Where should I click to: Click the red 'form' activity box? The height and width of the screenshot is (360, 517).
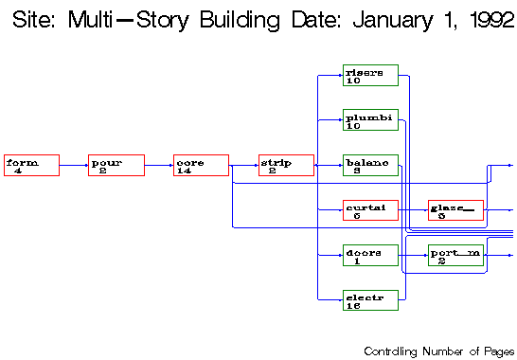pos(31,165)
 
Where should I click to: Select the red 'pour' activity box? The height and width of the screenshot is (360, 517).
pos(116,165)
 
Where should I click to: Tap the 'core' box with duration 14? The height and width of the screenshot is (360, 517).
pos(202,165)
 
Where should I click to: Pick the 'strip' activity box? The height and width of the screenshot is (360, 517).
pos(286,165)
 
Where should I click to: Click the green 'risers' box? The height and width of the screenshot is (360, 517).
pos(370,75)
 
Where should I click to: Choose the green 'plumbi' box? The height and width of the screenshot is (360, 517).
pos(370,120)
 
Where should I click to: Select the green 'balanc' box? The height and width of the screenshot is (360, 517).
pos(370,165)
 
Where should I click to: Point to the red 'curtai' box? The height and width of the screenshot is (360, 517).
pos(370,209)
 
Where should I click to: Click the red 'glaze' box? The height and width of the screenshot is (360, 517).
pos(455,209)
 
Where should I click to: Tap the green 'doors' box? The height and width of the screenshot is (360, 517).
pos(370,255)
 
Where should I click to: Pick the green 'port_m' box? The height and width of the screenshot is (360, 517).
pos(455,255)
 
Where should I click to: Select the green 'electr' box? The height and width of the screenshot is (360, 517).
pos(370,299)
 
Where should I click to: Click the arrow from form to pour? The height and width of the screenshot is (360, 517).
pos(74,165)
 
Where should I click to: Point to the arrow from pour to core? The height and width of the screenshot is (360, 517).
pos(159,165)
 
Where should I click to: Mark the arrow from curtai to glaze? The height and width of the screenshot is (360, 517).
pos(413,209)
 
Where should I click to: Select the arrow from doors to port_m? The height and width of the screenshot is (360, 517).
pos(413,255)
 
